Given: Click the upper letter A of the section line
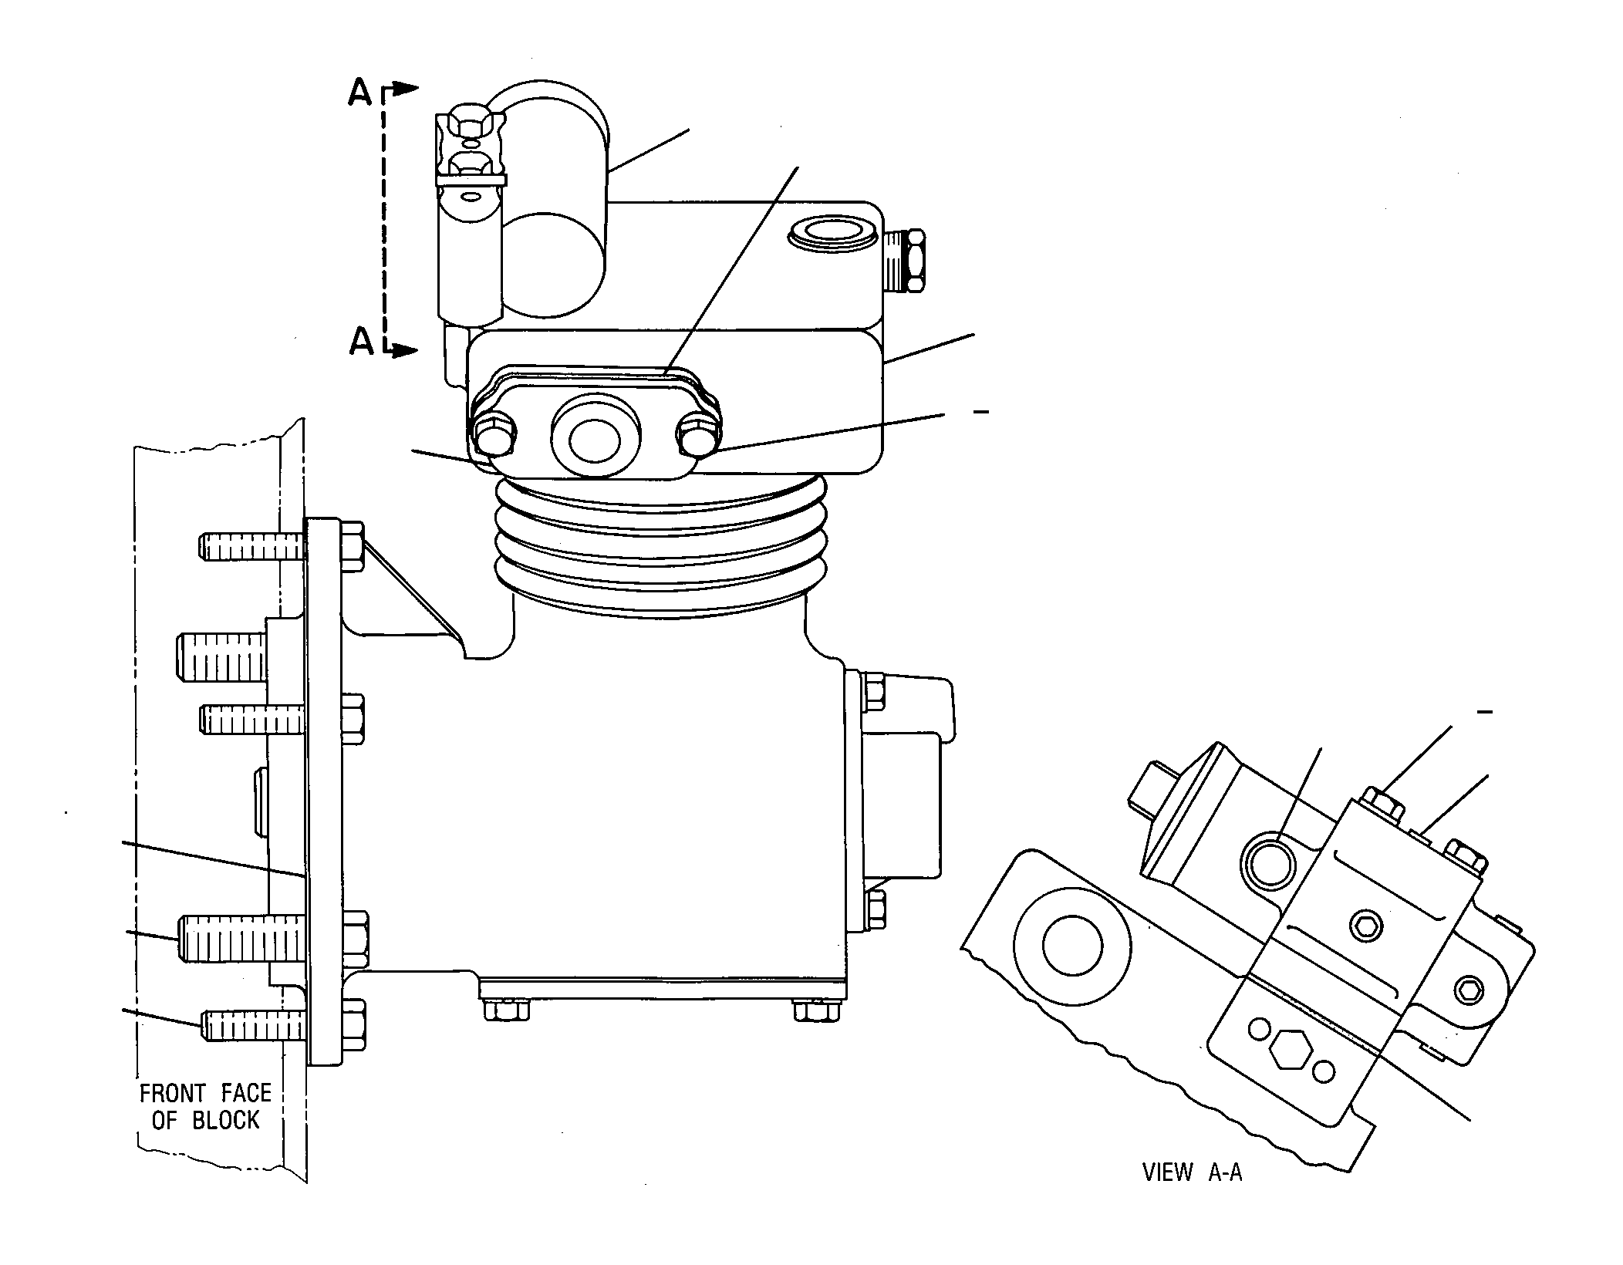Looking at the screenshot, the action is pyautogui.click(x=360, y=93).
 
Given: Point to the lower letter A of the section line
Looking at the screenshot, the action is pyautogui.click(x=361, y=340).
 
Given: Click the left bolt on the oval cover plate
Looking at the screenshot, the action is pyautogui.click(x=494, y=439).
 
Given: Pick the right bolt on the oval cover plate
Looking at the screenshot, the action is pyautogui.click(x=697, y=437).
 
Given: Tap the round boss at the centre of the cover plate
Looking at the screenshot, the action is pyautogui.click(x=595, y=437).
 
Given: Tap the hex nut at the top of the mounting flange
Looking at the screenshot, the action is pyautogui.click(x=351, y=546).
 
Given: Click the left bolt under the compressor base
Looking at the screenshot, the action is pyautogui.click(x=505, y=1009).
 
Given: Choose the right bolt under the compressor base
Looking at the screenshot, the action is pyautogui.click(x=816, y=1009).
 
